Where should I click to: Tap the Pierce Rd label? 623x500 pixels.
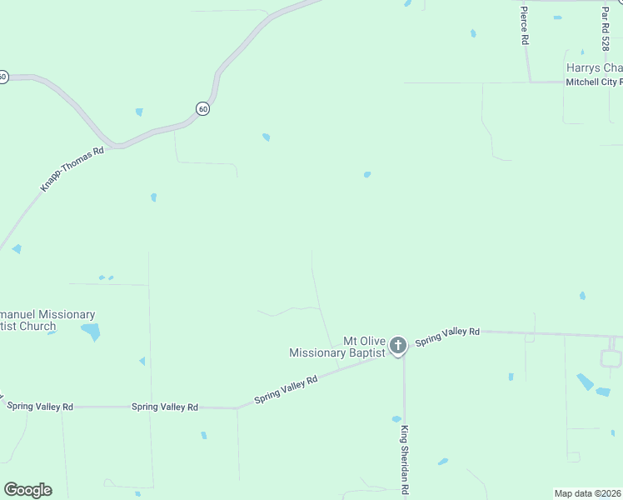524,25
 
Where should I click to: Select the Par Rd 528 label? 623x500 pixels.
606,27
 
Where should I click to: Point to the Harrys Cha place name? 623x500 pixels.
594,67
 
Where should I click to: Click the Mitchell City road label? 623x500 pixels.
593,82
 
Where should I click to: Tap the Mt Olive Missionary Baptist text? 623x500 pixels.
337,347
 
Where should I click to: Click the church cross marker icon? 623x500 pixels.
398,345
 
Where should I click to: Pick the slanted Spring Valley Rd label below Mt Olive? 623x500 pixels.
286,389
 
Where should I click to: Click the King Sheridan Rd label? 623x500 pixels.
404,460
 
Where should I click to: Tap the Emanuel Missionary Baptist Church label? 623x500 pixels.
47,320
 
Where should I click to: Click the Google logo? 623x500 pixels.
27,490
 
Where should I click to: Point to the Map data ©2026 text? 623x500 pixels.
587,492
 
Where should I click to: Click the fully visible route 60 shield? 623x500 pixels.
203,108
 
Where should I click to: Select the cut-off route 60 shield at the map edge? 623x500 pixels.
3,77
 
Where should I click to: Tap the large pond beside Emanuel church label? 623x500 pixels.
91,332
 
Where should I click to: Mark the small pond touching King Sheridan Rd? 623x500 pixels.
396,419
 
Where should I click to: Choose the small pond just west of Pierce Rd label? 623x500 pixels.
473,33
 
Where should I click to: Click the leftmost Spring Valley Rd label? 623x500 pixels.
40,406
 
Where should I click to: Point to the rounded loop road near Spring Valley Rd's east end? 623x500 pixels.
611,358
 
